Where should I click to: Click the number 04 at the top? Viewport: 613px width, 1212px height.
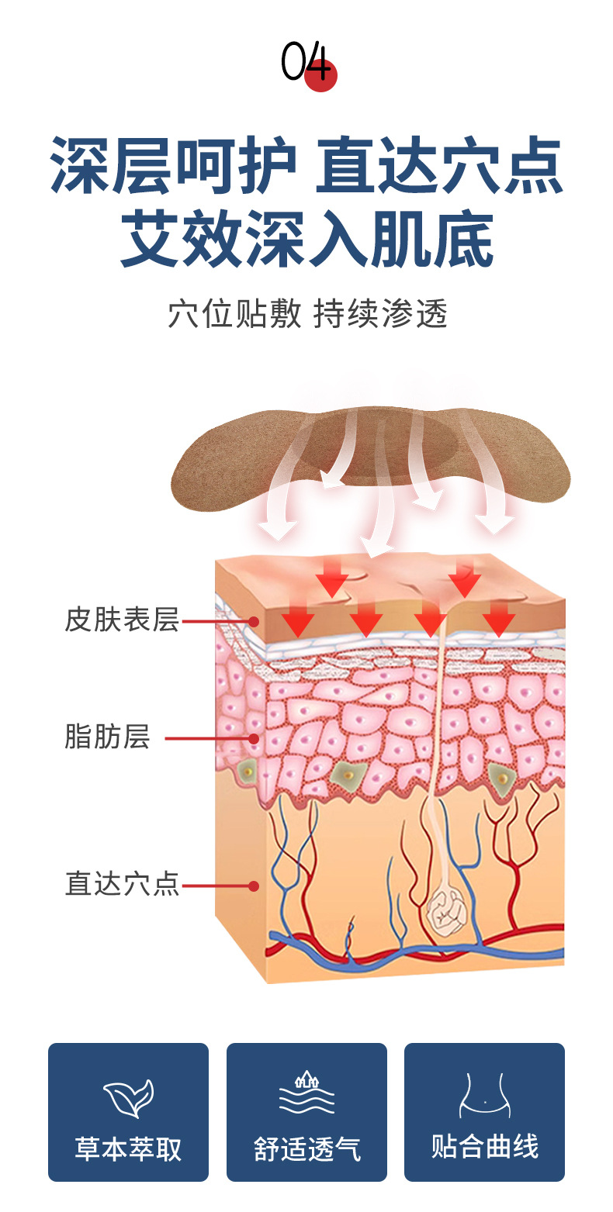point(306,63)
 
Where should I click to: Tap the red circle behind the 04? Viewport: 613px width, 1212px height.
point(320,75)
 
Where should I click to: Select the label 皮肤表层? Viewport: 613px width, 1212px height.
point(122,620)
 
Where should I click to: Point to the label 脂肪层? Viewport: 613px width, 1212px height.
point(107,737)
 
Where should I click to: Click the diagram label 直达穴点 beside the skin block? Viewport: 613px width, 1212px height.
point(122,884)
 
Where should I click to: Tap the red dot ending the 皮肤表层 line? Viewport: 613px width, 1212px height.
point(253,621)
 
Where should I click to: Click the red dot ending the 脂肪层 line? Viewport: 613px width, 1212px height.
point(253,739)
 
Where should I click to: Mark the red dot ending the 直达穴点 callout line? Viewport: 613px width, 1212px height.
point(253,886)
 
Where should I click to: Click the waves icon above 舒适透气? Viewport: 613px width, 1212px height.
point(306,1093)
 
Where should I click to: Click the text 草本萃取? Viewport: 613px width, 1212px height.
point(128,1148)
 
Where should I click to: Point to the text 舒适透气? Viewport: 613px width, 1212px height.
point(306,1148)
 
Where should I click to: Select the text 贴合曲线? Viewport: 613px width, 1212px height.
point(484,1147)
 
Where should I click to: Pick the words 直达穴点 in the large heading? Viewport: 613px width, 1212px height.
point(438,166)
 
